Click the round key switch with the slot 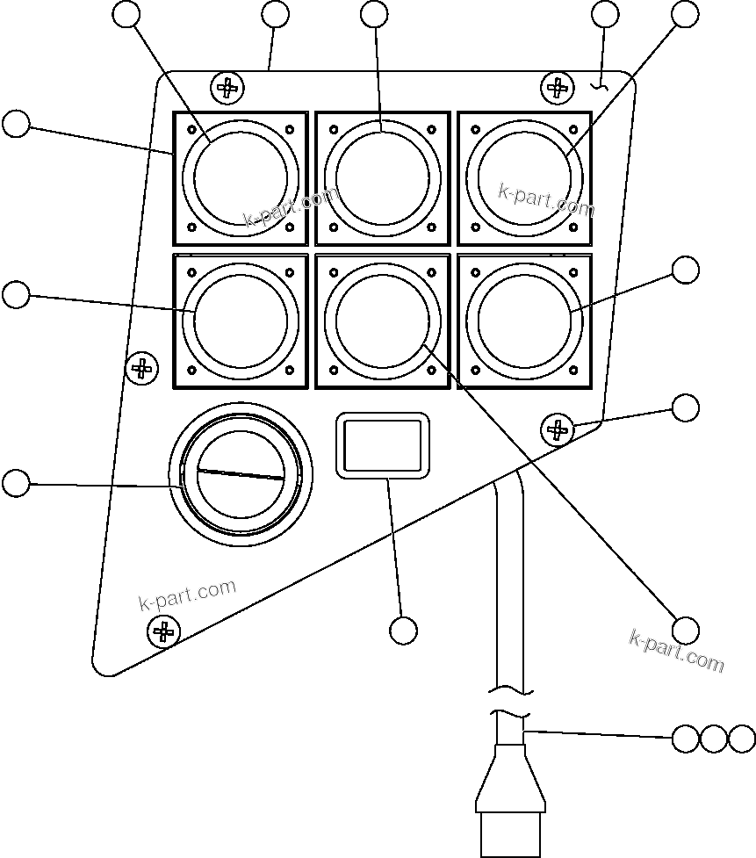coord(241,475)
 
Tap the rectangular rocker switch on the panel coord(383,447)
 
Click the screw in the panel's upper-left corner coord(227,87)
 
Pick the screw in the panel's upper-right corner coord(556,86)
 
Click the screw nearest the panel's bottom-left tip coord(162,630)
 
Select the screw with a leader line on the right coord(556,429)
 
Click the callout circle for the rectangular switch coord(403,630)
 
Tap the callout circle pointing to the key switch coord(16,482)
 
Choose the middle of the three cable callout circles coord(714,739)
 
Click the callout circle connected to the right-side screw coord(686,407)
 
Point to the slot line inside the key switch coord(241,474)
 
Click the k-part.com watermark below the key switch coord(188,595)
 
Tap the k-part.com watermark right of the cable coord(676,651)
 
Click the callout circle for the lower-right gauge coord(686,270)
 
